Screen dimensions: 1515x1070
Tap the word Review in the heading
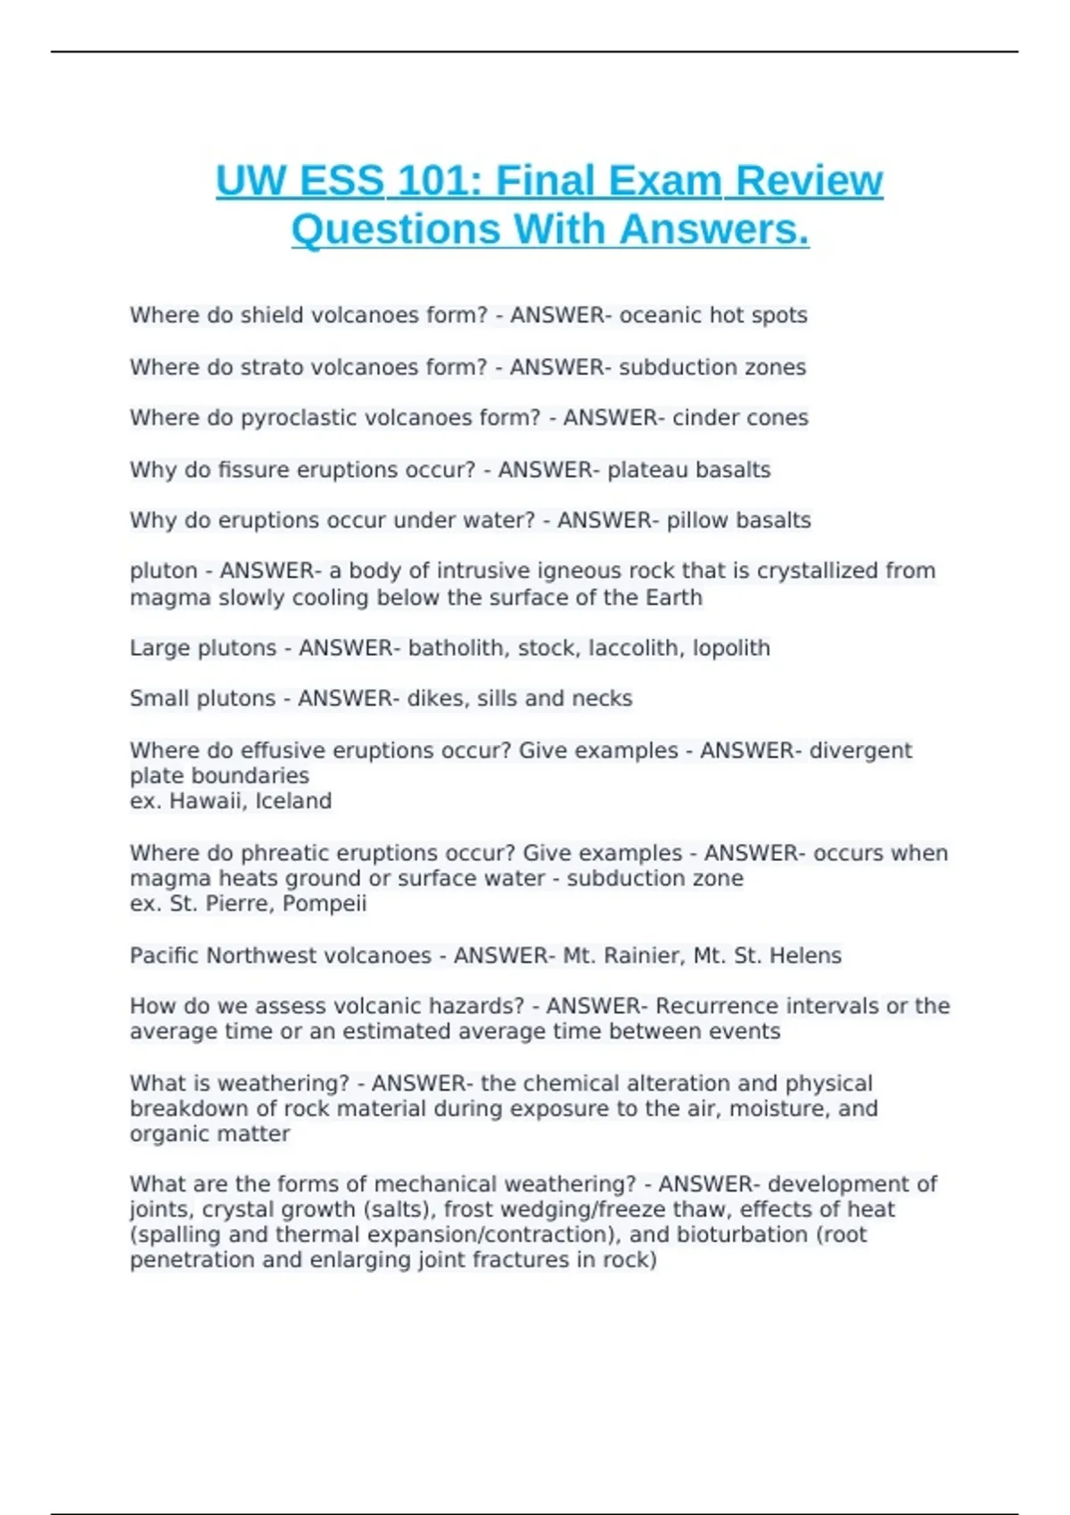point(810,181)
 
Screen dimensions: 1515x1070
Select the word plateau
point(647,470)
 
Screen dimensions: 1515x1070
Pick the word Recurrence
point(718,1006)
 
